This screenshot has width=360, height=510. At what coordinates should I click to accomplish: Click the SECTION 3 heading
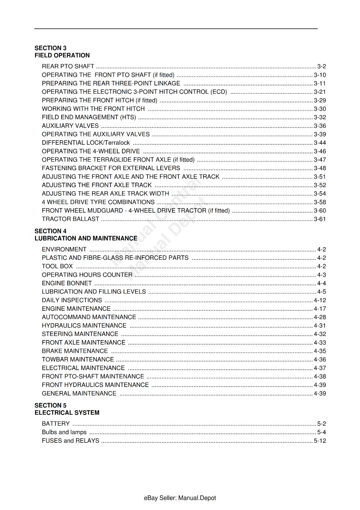click(50, 48)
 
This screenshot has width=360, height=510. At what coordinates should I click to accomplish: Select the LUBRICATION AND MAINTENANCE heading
click(86, 238)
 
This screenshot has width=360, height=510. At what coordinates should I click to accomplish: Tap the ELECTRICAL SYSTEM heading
click(67, 413)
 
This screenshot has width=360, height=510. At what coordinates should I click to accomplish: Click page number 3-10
click(320, 75)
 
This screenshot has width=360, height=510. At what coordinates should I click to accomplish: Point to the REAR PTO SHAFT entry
click(68, 67)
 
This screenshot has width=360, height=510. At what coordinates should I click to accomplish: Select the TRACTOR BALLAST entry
click(70, 219)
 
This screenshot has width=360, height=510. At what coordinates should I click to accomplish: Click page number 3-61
click(320, 219)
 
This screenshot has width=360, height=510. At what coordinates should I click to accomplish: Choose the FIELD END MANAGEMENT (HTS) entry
click(89, 117)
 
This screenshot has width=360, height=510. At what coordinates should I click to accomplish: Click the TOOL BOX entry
click(57, 266)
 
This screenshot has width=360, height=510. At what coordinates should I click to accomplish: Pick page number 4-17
click(320, 309)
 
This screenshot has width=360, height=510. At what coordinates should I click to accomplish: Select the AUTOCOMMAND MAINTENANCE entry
click(89, 317)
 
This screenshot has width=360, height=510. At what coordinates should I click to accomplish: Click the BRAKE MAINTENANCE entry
click(75, 351)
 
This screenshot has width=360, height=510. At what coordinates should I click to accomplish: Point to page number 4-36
click(320, 360)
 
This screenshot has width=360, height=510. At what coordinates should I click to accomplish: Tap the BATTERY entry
click(56, 424)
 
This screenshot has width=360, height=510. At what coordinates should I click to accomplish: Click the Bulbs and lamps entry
click(64, 433)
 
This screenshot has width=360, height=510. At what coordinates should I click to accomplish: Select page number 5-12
click(320, 441)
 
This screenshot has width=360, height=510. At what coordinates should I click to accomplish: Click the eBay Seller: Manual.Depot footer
click(180, 498)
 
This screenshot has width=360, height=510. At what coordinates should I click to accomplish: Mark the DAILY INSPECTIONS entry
click(72, 300)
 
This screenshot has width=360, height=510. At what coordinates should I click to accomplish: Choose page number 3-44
click(320, 143)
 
